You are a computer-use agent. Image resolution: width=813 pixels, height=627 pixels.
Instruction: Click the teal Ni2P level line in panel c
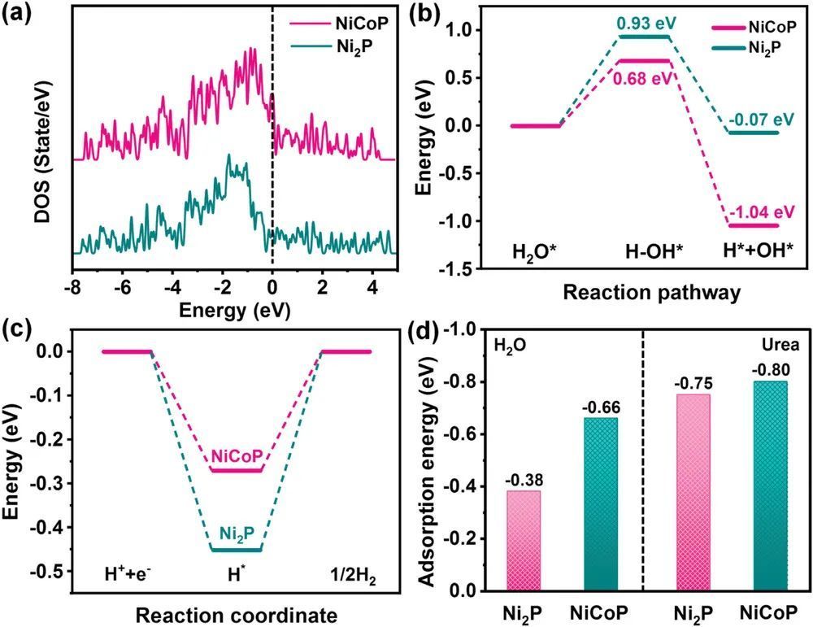pyautogui.click(x=237, y=550)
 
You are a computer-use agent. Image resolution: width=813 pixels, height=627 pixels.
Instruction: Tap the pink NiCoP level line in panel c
pyautogui.click(x=237, y=470)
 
